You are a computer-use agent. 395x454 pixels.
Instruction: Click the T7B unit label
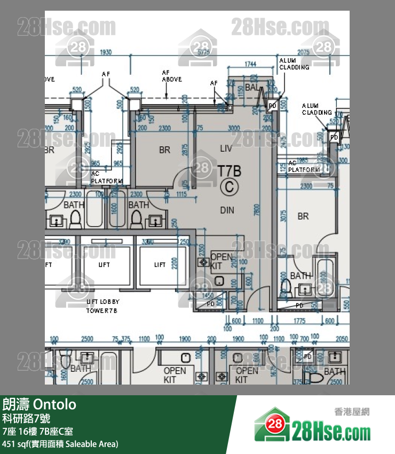pyautogui.click(x=230, y=171)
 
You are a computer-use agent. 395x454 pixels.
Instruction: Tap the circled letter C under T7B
pyautogui.click(x=230, y=186)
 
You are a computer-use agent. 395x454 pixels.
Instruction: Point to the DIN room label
pyautogui.click(x=227, y=210)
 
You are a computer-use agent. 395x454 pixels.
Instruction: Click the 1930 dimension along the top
pyautogui.click(x=106, y=52)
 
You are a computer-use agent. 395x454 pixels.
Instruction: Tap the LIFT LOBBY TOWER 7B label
pyautogui.click(x=103, y=306)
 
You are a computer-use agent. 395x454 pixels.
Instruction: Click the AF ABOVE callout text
pyautogui.click(x=171, y=76)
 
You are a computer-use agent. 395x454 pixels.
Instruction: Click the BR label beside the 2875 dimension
pyautogui.click(x=164, y=150)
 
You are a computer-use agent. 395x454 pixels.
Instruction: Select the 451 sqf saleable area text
pyautogui.click(x=60, y=444)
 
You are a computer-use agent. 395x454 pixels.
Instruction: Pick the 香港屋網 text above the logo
pyautogui.click(x=352, y=412)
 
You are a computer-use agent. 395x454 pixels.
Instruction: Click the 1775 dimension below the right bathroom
pyautogui.click(x=299, y=321)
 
